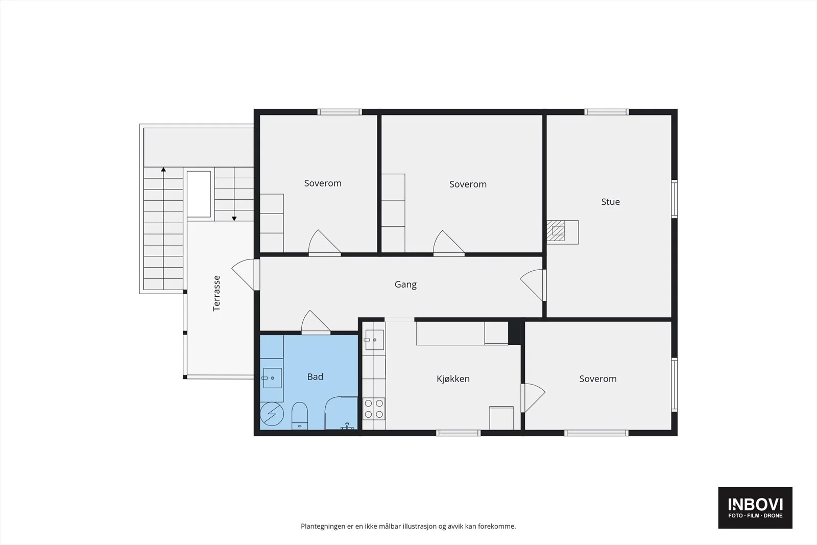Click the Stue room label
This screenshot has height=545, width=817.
tap(610, 202)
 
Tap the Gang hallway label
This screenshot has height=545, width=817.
tap(405, 285)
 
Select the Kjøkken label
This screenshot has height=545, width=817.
tap(453, 378)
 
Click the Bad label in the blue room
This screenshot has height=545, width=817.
tap(315, 376)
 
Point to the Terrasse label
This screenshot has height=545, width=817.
tap(217, 293)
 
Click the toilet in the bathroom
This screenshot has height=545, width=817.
tap(299, 415)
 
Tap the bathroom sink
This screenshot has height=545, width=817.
tap(272, 378)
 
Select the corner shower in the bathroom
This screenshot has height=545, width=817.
tap(341, 413)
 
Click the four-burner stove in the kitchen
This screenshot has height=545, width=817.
tap(374, 409)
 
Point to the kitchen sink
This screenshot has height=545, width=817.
tap(374, 340)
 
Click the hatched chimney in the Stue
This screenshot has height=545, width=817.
tap(556, 230)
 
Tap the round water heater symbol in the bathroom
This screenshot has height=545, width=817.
tap(272, 414)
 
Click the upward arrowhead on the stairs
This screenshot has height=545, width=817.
tap(163, 169)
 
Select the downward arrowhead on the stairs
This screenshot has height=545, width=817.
tap(234, 219)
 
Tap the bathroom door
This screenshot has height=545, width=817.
tap(316, 322)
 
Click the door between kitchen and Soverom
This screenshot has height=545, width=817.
tap(533, 398)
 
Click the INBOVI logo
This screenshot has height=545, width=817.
tap(755, 507)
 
